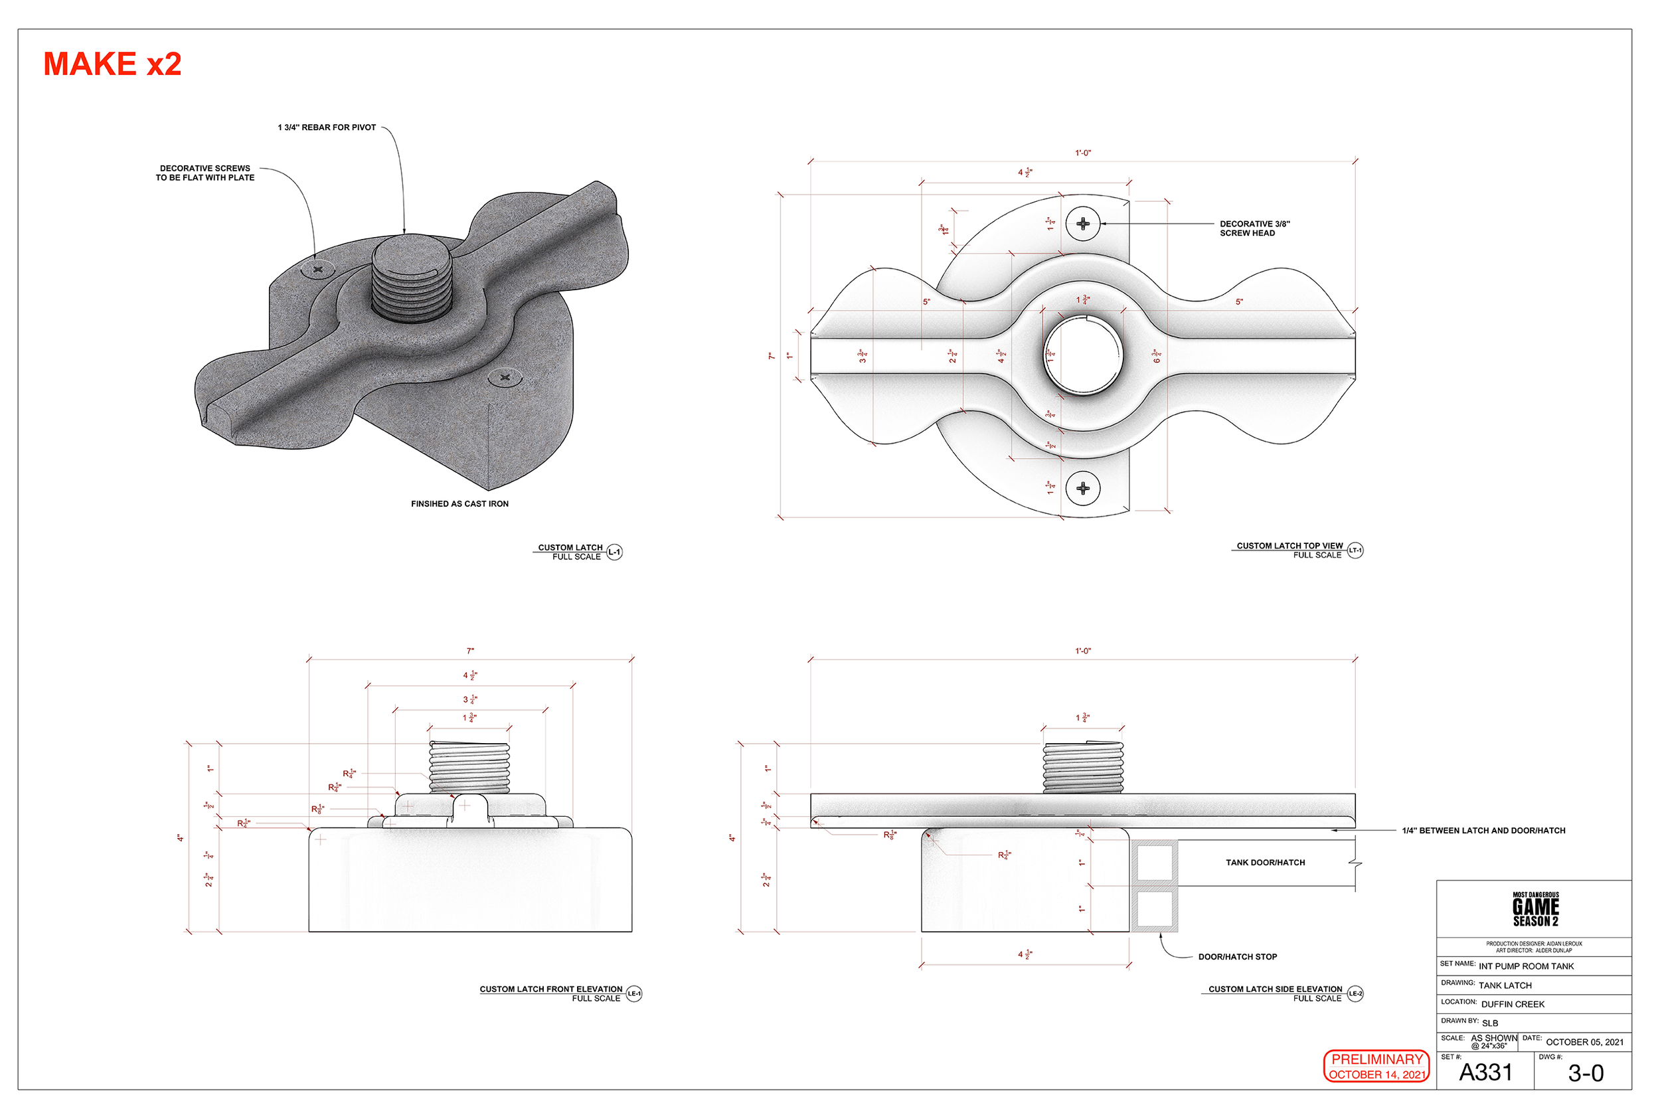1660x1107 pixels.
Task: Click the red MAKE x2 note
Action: point(113,64)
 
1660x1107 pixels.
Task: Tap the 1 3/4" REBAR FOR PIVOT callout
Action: point(327,128)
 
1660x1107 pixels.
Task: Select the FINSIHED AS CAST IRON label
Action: point(459,504)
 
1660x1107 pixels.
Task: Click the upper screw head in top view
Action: point(1083,224)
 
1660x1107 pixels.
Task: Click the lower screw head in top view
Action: point(1083,489)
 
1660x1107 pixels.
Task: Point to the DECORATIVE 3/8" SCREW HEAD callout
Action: point(1254,228)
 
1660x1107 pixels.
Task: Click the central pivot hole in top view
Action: point(1083,355)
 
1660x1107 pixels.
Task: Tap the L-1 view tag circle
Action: point(615,552)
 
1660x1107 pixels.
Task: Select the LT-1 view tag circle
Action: point(1355,551)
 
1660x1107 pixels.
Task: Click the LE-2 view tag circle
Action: point(1355,994)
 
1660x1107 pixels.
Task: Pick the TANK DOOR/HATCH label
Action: point(1265,863)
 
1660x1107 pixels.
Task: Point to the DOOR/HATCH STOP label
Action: point(1237,958)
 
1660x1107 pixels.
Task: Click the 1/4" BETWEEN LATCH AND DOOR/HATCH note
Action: point(1483,831)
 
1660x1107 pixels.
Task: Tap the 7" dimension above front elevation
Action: point(470,651)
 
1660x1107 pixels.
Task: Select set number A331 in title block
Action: point(1485,1073)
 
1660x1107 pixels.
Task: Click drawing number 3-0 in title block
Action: point(1585,1074)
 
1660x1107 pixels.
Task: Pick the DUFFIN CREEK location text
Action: point(1513,1005)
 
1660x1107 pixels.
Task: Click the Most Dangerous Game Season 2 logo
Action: point(1535,909)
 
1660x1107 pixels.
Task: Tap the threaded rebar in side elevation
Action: point(1083,768)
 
